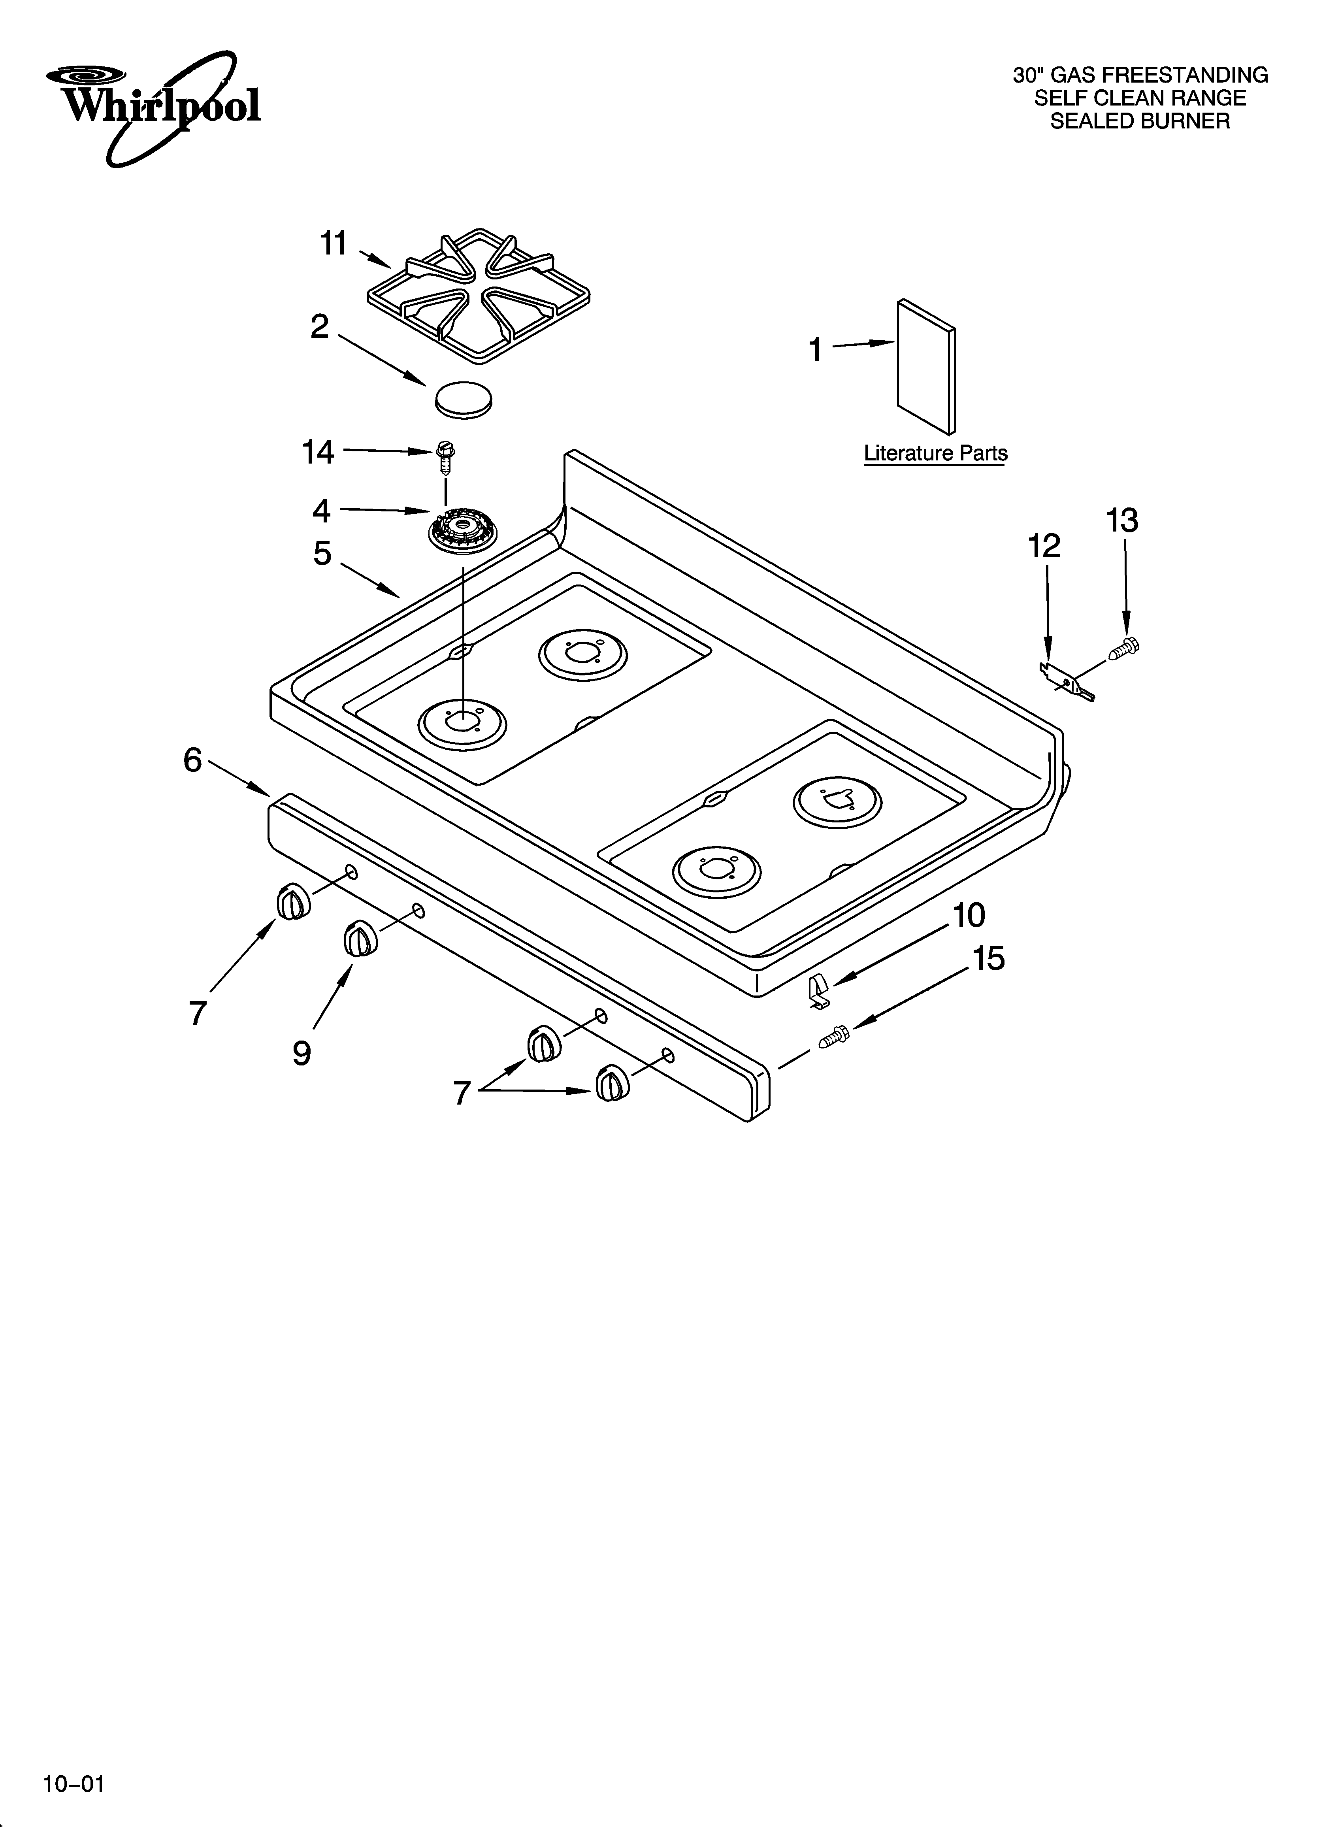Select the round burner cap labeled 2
point(463,398)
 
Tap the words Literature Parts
point(935,454)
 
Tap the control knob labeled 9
point(359,939)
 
